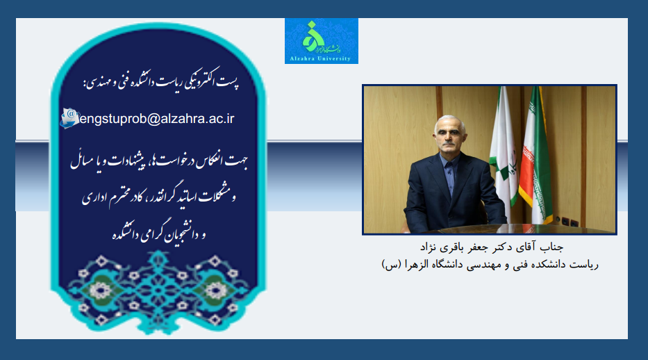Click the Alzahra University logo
pos(321,41)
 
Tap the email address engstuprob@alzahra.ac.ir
pos(157,119)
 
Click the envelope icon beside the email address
pos(69,118)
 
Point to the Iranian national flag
pos(535,155)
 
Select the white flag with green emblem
pos(504,153)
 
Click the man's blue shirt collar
pos(449,161)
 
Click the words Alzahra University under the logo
pos(320,58)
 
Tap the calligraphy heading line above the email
pos(161,79)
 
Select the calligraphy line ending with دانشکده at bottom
pos(159,234)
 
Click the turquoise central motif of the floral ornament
pos(158,290)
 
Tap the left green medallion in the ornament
pos(100,290)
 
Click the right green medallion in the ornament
pos(216,290)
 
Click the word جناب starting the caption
pos(551,247)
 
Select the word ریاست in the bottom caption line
pos(583,265)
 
